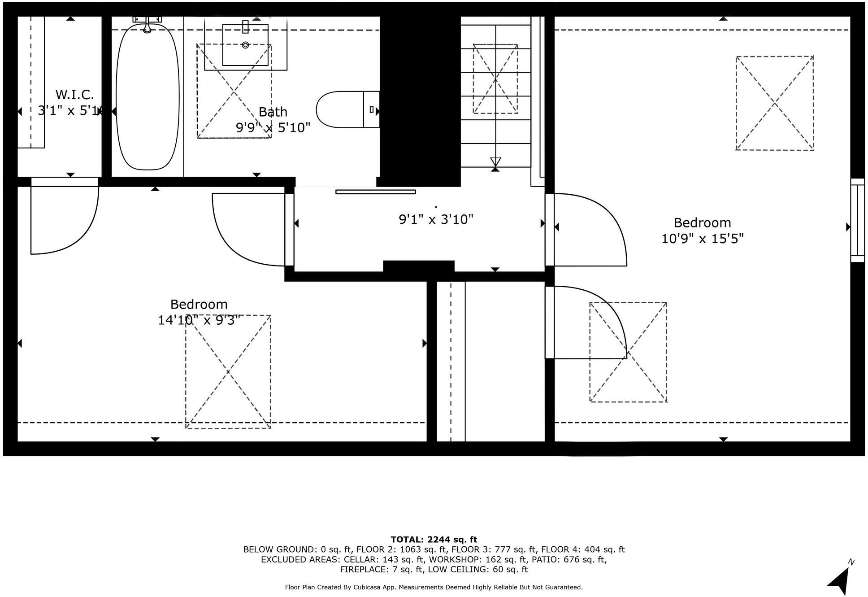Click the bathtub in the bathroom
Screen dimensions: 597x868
148,97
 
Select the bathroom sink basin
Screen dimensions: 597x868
245,45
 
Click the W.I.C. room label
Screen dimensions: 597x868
75,95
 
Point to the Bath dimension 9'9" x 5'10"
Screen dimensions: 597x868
273,128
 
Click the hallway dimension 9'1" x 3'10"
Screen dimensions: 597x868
436,219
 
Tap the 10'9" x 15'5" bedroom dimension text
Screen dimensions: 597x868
702,239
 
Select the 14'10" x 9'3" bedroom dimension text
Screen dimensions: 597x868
199,320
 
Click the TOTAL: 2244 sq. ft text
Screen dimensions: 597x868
434,540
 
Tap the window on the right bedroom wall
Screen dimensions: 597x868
857,220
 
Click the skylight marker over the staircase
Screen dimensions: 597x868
495,79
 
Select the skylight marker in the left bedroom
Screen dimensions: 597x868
228,372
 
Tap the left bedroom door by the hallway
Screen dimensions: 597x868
249,229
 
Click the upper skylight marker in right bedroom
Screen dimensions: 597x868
774,103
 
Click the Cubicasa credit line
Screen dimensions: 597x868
434,587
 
